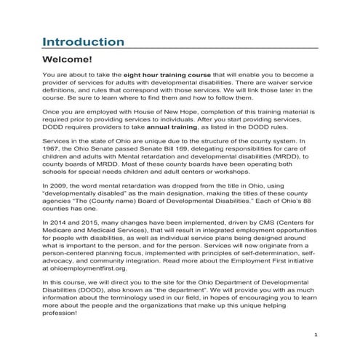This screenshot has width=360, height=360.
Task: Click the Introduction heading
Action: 83,41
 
